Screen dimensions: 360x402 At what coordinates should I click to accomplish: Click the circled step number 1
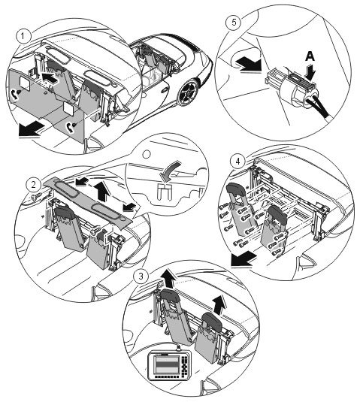23,36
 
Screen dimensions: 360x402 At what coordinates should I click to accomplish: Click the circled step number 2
34,185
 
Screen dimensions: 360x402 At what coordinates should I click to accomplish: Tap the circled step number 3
141,277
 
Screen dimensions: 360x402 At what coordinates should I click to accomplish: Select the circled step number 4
237,162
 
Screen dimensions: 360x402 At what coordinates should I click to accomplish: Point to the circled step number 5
234,22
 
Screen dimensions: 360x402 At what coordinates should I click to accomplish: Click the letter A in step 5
310,56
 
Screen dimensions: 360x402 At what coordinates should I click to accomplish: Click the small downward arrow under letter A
310,72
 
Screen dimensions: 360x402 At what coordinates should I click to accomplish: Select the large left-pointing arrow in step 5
249,65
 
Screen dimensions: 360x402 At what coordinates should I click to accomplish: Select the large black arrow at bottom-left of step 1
31,129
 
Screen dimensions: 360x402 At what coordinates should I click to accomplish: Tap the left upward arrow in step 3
169,279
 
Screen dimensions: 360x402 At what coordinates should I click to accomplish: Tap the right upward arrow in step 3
219,304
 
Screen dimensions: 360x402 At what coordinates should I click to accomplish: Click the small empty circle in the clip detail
147,155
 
